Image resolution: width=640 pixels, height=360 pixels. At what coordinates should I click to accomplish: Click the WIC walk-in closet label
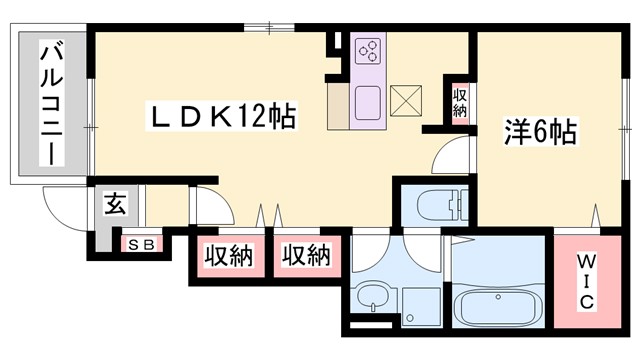586,282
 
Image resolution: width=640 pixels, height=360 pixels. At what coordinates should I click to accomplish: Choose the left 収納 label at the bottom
230,255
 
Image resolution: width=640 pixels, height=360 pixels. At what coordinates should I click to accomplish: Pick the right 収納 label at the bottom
305,255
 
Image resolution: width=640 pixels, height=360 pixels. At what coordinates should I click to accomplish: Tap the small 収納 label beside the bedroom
460,102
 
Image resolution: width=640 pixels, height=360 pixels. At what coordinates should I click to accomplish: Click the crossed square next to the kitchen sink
406,100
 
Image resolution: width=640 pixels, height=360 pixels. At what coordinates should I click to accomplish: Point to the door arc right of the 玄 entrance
212,205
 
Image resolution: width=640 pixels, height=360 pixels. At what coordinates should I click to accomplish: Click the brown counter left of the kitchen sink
337,104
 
